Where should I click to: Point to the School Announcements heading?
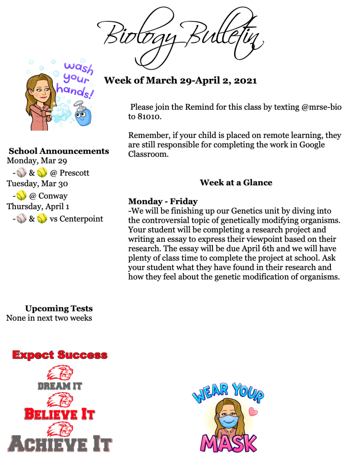click(x=59, y=151)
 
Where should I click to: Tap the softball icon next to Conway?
click(x=21, y=196)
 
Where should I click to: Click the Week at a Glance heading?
click(x=236, y=183)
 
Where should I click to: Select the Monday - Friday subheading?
click(x=163, y=201)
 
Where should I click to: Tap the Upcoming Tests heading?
click(x=59, y=309)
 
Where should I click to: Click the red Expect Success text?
click(x=60, y=355)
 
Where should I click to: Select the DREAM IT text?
click(x=60, y=386)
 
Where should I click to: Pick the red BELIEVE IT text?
click(x=60, y=414)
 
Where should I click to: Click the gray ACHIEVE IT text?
click(x=60, y=444)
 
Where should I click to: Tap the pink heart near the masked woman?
click(x=254, y=413)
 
